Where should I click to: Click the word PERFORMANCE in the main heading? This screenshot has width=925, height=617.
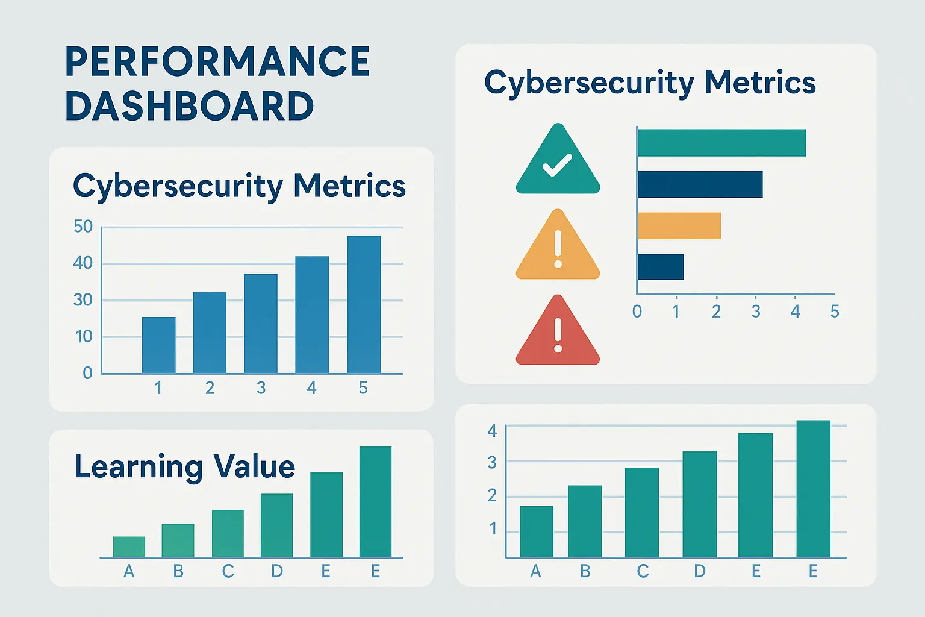(x=217, y=61)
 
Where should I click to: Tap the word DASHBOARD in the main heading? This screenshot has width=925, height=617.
(x=189, y=106)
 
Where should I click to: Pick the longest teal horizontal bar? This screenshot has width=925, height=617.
(x=721, y=143)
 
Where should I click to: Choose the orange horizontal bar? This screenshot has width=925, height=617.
(x=679, y=226)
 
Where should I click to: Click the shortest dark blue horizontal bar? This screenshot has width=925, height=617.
(x=661, y=267)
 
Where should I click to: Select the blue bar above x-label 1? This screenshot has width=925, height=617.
(x=158, y=345)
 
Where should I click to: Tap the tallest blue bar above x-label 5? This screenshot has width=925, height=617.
(x=364, y=304)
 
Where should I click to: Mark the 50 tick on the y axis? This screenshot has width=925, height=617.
(x=83, y=227)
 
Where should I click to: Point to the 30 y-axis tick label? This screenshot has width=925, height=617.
(x=83, y=299)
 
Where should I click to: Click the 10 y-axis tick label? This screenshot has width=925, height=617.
(x=84, y=336)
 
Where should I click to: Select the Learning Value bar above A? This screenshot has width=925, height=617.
(x=129, y=547)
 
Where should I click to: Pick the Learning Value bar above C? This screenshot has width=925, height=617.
(x=228, y=533)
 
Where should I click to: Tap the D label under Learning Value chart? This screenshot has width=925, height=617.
(x=276, y=571)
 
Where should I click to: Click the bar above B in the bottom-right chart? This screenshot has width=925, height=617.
(x=585, y=521)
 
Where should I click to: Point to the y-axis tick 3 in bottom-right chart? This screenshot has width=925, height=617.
(x=492, y=463)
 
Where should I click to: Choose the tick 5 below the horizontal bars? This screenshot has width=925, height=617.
(x=835, y=312)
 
